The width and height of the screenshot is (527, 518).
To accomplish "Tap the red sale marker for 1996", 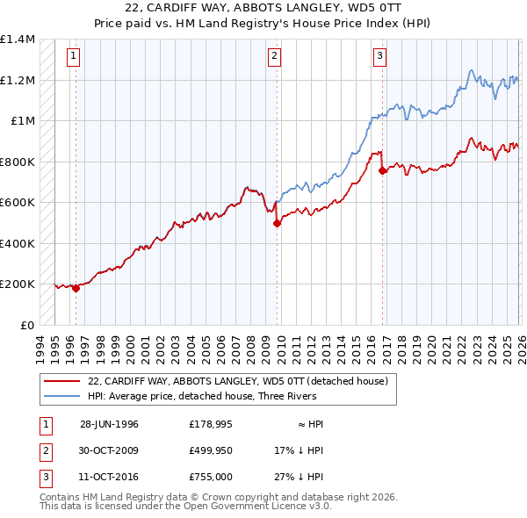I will (x=76, y=287).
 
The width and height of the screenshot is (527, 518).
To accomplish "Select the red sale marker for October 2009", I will (x=277, y=223).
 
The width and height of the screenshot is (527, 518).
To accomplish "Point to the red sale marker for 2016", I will (x=382, y=171).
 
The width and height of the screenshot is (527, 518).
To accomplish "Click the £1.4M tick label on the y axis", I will (x=17, y=40).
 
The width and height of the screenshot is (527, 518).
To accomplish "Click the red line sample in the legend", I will (x=61, y=381).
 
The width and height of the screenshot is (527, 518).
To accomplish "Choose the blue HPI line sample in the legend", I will (x=61, y=396).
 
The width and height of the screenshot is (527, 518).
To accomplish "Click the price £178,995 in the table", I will (x=209, y=424).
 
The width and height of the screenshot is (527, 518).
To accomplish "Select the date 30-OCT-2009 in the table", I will (x=109, y=450).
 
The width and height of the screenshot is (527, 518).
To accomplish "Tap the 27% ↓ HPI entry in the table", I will (x=299, y=477).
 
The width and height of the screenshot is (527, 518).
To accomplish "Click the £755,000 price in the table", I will (x=209, y=477).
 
